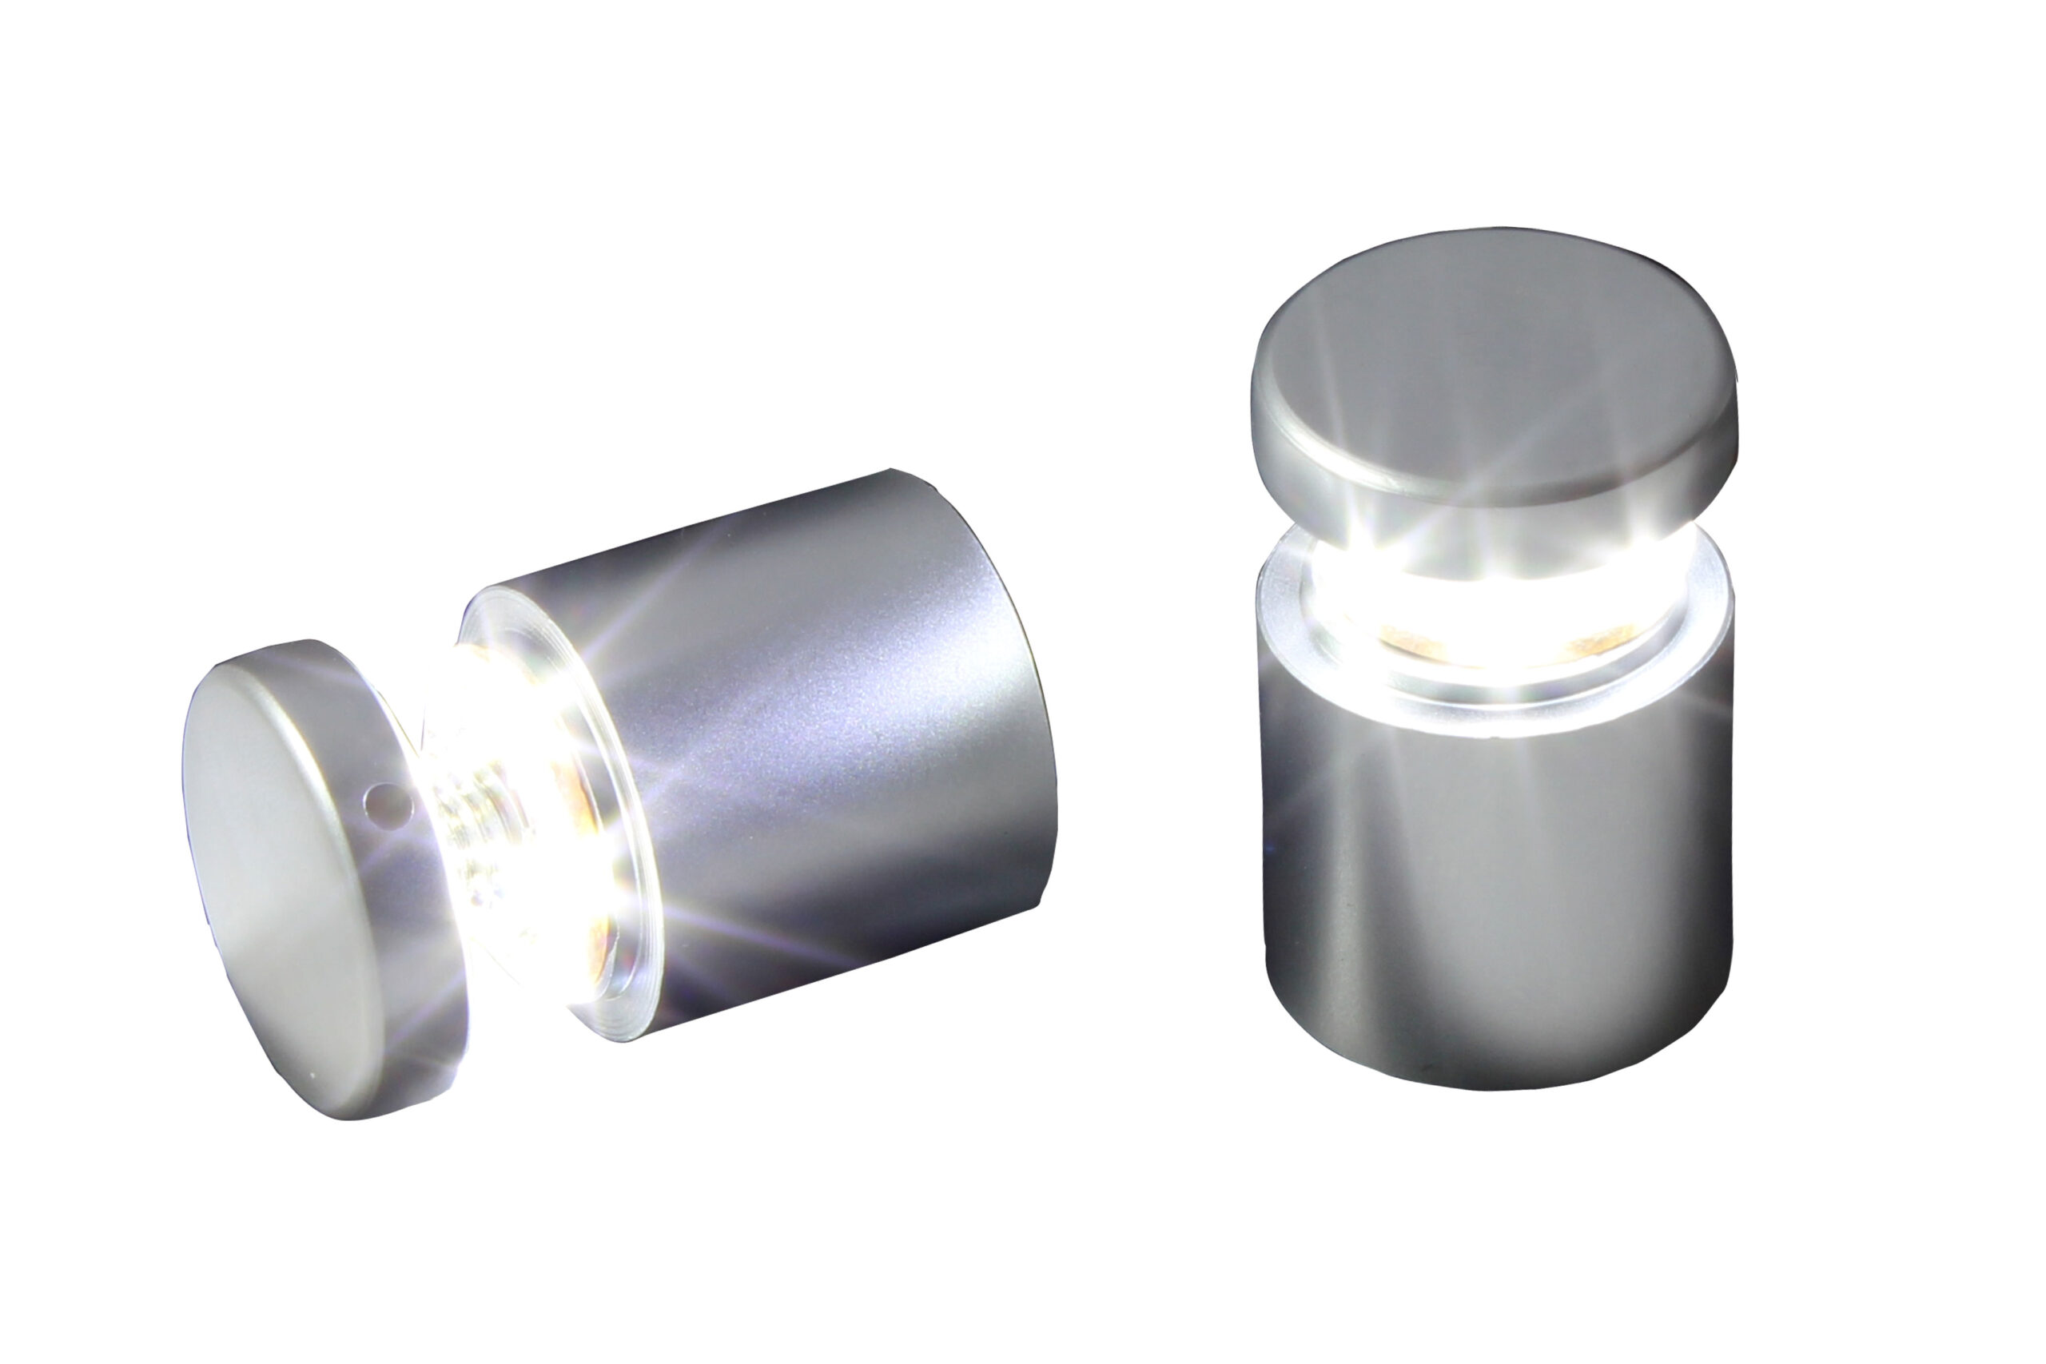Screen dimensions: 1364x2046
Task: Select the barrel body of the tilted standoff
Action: coord(826,739)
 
